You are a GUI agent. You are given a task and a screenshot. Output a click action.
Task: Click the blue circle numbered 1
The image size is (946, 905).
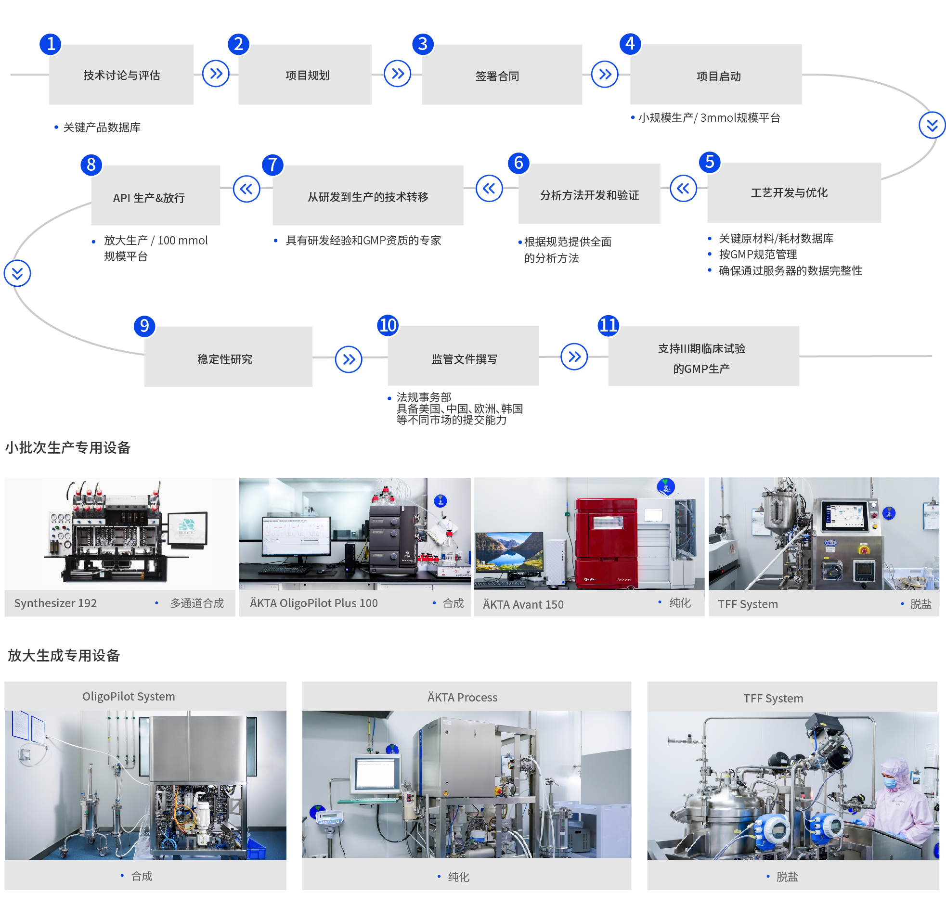tap(51, 44)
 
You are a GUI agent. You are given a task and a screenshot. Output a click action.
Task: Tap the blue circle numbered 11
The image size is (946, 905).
tap(608, 326)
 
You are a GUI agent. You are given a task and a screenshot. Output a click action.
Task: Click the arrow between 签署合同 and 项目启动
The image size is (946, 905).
tap(605, 74)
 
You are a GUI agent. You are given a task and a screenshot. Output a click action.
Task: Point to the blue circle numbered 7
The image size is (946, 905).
tap(272, 165)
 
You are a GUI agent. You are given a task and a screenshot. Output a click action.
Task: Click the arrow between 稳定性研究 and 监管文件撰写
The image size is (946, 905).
tap(349, 359)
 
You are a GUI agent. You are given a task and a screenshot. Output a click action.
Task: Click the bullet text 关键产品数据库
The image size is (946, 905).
tap(102, 127)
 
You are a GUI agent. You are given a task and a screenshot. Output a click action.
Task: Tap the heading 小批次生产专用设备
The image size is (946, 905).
tap(68, 447)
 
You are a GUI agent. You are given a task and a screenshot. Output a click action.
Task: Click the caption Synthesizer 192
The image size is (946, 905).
tap(55, 603)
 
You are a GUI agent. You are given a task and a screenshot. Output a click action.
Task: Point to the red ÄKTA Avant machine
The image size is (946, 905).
tap(606, 543)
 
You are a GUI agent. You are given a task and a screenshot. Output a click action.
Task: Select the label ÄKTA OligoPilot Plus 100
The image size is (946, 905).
tap(314, 603)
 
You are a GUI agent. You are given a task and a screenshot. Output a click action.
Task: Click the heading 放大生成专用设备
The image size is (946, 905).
tap(64, 656)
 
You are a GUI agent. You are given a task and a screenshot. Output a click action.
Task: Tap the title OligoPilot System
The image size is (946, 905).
tap(129, 697)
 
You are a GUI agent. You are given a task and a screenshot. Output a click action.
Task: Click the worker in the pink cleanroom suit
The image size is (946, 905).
tap(899, 796)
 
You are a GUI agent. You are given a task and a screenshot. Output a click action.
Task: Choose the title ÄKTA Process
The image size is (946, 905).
tap(462, 698)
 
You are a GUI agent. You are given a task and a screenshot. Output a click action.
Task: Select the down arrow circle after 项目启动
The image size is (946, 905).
tap(932, 126)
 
